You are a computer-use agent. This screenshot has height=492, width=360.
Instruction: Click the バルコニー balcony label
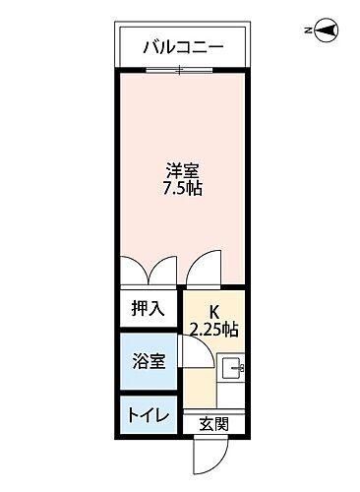pyautogui.click(x=183, y=45)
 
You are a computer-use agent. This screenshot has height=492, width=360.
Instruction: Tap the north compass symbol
pyautogui.click(x=327, y=31)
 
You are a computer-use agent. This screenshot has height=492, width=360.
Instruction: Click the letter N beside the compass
pyautogui.click(x=309, y=32)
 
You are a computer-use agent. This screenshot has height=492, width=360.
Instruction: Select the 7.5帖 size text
pyautogui.click(x=182, y=188)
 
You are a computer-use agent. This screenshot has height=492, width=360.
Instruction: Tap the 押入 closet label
pyautogui.click(x=148, y=308)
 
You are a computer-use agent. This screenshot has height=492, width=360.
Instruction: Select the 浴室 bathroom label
pyautogui.click(x=148, y=361)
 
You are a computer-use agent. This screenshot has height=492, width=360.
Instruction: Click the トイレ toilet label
pyautogui.click(x=148, y=414)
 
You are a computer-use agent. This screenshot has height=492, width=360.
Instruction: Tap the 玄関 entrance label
pyautogui.click(x=214, y=425)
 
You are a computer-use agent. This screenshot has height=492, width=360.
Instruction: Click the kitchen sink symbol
pyautogui.click(x=232, y=370)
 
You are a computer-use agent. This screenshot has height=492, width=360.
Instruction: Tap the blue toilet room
pyautogui.click(x=148, y=414)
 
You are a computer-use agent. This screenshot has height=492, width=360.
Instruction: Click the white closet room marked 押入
pyautogui.click(x=148, y=309)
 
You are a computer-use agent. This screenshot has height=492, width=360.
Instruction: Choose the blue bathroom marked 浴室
pyautogui.click(x=148, y=361)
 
